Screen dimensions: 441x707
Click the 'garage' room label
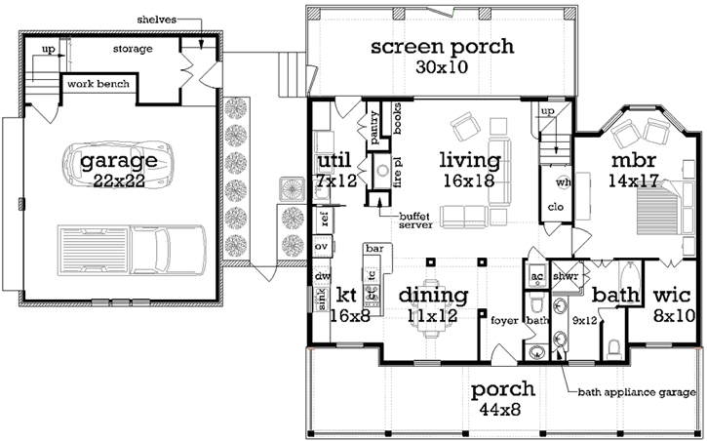pyautogui.click(x=118, y=159)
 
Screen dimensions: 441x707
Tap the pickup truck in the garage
pyautogui.click(x=133, y=247)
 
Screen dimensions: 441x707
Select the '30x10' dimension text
pyautogui.click(x=442, y=68)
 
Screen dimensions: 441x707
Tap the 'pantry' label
pyautogui.click(x=373, y=125)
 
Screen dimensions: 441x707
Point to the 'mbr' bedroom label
pyautogui.click(x=632, y=159)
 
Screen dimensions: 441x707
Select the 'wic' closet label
pyautogui.click(x=672, y=294)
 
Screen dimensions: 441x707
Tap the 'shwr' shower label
pyautogui.click(x=566, y=275)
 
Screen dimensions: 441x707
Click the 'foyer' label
pyautogui.click(x=504, y=318)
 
